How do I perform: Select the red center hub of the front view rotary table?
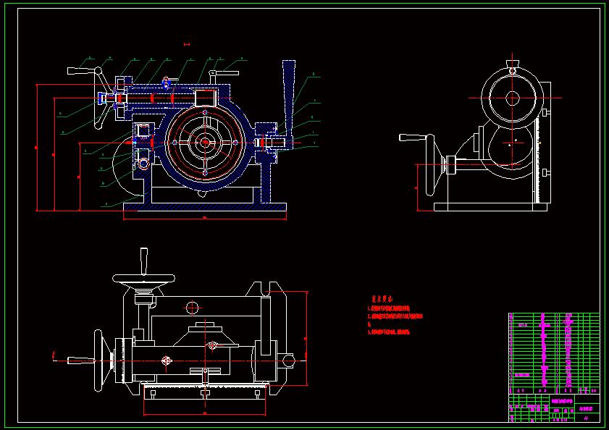point(205,143)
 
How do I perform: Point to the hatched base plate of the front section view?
point(204,207)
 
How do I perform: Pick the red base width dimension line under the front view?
point(204,217)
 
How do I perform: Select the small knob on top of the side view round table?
point(513,69)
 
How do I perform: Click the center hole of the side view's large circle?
point(513,98)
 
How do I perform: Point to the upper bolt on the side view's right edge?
point(545,112)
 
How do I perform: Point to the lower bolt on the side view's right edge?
point(545,173)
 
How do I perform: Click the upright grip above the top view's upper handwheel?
point(143,261)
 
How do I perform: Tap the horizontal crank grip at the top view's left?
point(79,360)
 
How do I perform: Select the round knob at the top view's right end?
point(289,359)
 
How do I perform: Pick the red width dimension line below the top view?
point(205,414)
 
